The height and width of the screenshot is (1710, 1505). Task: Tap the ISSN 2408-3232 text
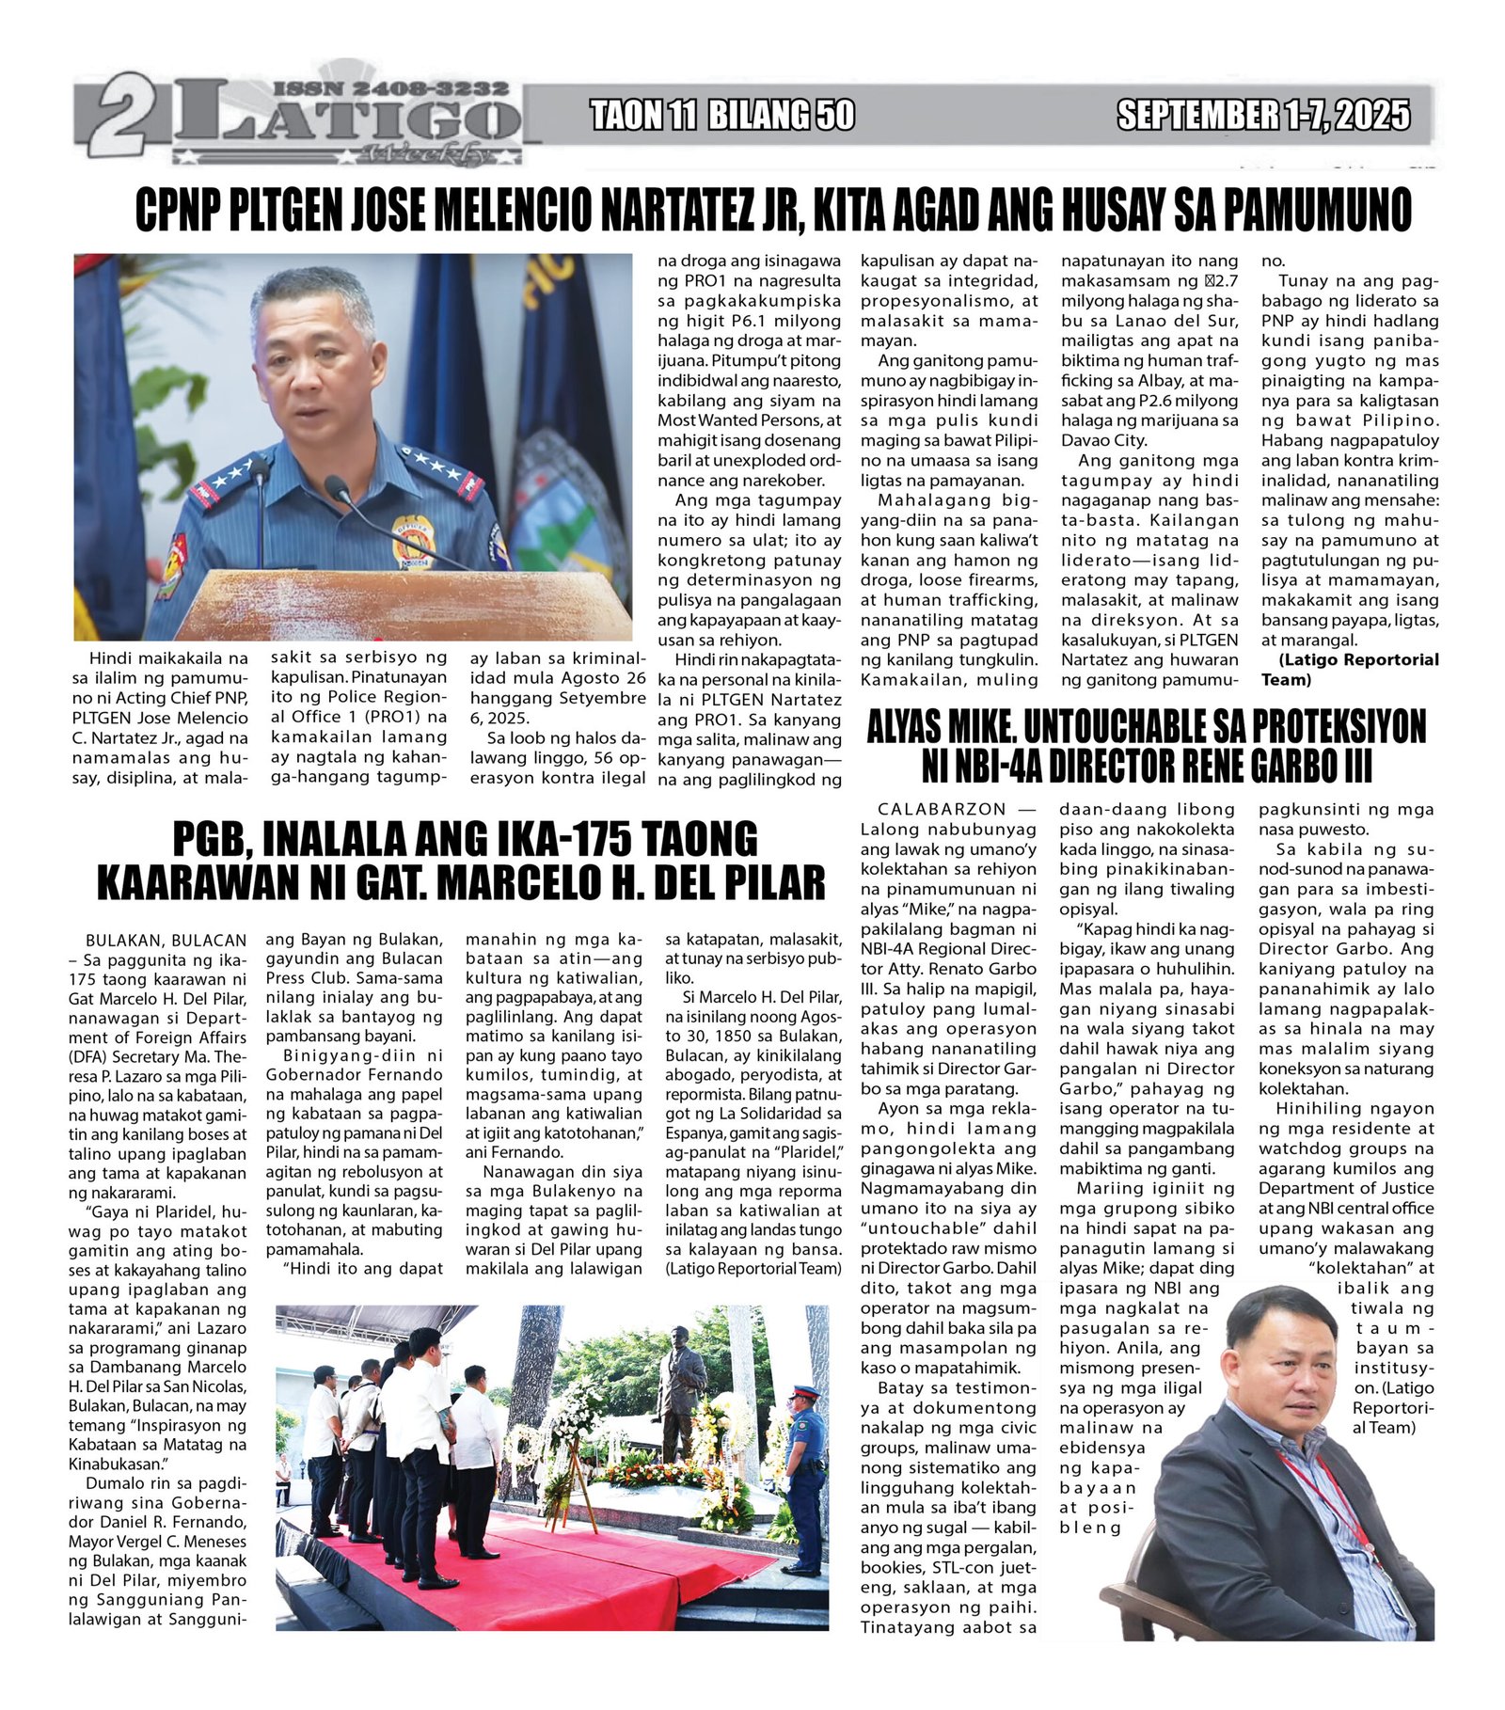[x=390, y=87]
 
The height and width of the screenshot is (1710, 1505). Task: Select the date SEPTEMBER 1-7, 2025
[x=1263, y=115]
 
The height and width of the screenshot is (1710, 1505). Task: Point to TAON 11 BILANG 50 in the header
[x=722, y=115]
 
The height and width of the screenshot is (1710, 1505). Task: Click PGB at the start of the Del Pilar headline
[x=207, y=839]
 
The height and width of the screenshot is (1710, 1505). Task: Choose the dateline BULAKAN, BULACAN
[x=166, y=940]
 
